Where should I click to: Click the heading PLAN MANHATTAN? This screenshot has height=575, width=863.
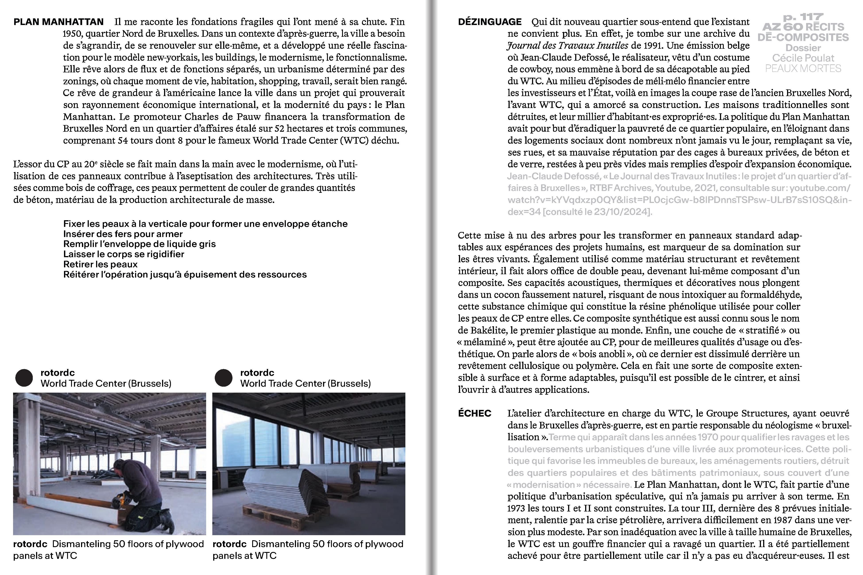pyautogui.click(x=58, y=22)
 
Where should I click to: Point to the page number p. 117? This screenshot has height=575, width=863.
pyautogui.click(x=803, y=17)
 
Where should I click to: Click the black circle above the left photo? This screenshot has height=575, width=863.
pyautogui.click(x=24, y=378)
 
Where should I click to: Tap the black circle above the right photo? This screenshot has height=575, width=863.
pyautogui.click(x=223, y=378)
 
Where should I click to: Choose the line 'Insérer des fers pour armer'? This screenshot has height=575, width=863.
pyautogui.click(x=123, y=234)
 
